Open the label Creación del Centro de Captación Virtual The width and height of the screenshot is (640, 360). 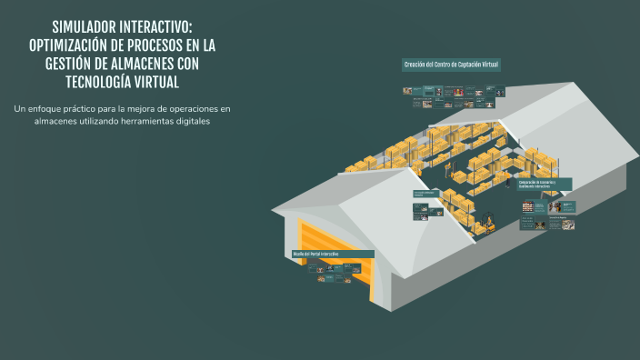(452, 65)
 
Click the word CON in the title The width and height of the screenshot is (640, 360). (199, 65)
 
